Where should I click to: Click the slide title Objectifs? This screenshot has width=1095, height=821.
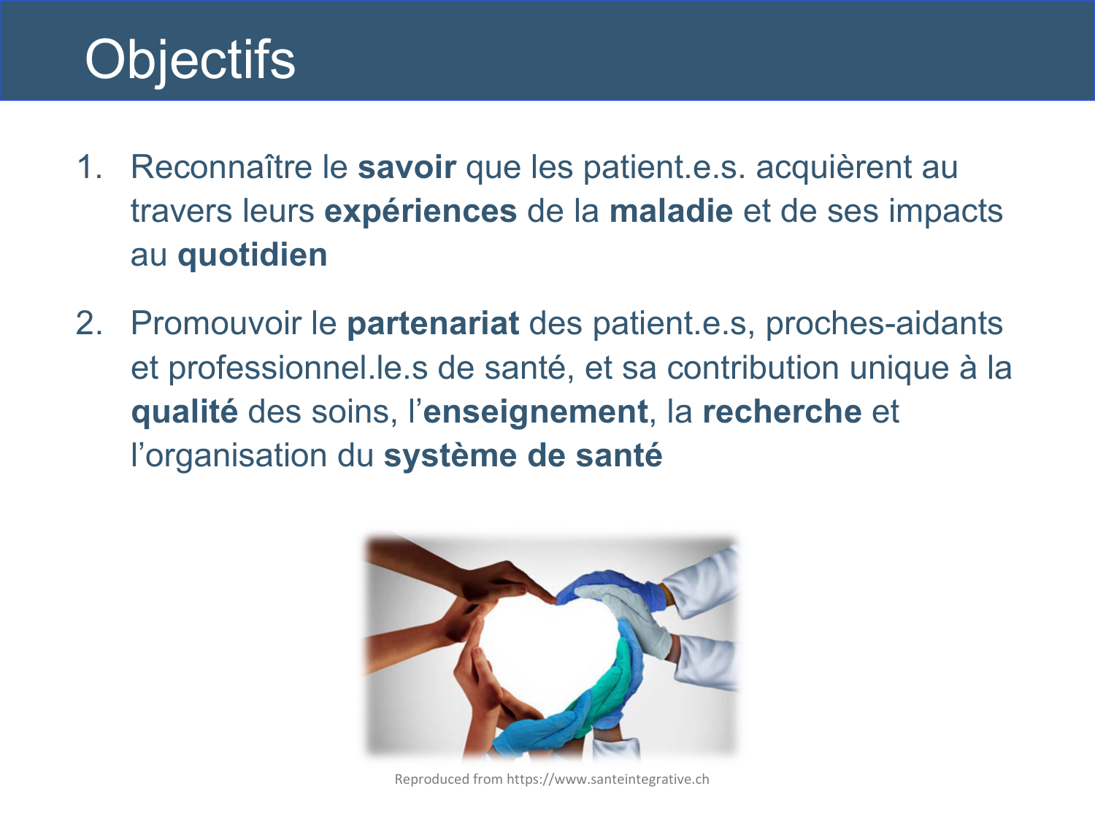click(x=190, y=60)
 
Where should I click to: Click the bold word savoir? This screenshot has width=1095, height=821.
click(x=407, y=167)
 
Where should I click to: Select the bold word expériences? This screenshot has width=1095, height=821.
click(x=420, y=212)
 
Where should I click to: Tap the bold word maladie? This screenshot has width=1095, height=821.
click(x=671, y=212)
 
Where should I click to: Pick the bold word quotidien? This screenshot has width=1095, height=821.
click(x=253, y=255)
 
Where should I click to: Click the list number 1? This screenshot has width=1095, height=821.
click(x=89, y=167)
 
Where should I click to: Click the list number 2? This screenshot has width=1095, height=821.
click(x=89, y=323)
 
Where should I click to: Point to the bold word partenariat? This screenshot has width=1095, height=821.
click(x=433, y=323)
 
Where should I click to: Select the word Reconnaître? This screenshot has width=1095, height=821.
click(x=221, y=167)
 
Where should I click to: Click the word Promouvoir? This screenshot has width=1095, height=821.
click(x=216, y=323)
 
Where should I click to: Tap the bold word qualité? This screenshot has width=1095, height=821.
click(x=184, y=412)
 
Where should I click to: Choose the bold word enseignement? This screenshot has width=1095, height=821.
click(x=535, y=412)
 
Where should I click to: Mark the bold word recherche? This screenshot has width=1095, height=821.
click(x=782, y=412)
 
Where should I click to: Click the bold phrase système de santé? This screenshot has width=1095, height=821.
click(x=523, y=456)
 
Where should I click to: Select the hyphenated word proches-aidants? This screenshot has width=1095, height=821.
click(x=884, y=323)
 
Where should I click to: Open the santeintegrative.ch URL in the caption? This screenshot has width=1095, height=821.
click(x=607, y=779)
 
